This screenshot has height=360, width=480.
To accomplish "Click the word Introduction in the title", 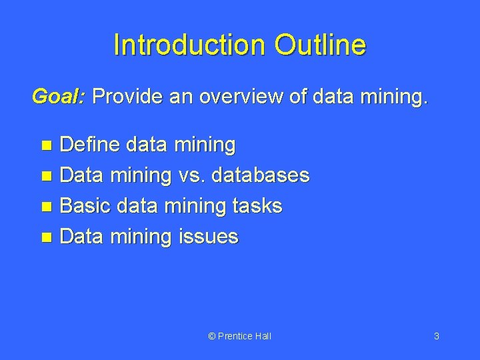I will pos(189,45).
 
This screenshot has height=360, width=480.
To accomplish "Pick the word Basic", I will pos(85,206).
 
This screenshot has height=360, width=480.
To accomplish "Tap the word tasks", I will pos(258,206).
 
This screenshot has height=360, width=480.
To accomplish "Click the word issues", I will pos(208,237).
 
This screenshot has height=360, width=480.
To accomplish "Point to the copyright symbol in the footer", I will pos(212,336).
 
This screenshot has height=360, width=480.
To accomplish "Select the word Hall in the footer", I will pos(263,336).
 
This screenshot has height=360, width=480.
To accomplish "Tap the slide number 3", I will pos(437,336).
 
